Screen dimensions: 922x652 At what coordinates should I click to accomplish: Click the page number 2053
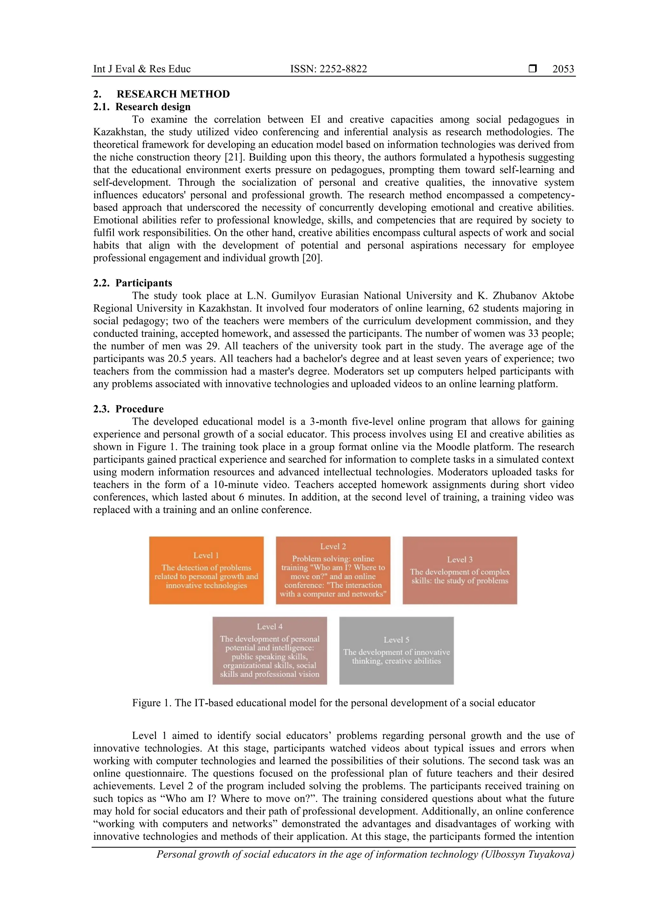(x=563, y=69)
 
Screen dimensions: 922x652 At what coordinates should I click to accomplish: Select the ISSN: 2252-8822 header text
(x=328, y=69)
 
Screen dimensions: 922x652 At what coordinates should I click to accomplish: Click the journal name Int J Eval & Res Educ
(x=142, y=69)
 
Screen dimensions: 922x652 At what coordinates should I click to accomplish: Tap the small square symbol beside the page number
(x=532, y=69)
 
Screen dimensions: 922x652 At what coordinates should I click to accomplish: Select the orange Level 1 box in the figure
(x=206, y=570)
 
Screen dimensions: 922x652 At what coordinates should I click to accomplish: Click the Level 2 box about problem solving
(x=333, y=570)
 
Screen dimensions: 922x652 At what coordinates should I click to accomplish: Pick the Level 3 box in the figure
(x=460, y=570)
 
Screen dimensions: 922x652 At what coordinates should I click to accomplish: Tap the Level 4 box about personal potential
(x=270, y=651)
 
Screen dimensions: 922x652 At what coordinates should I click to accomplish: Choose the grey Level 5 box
(x=396, y=651)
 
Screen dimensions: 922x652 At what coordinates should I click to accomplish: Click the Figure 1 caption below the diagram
(x=333, y=703)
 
